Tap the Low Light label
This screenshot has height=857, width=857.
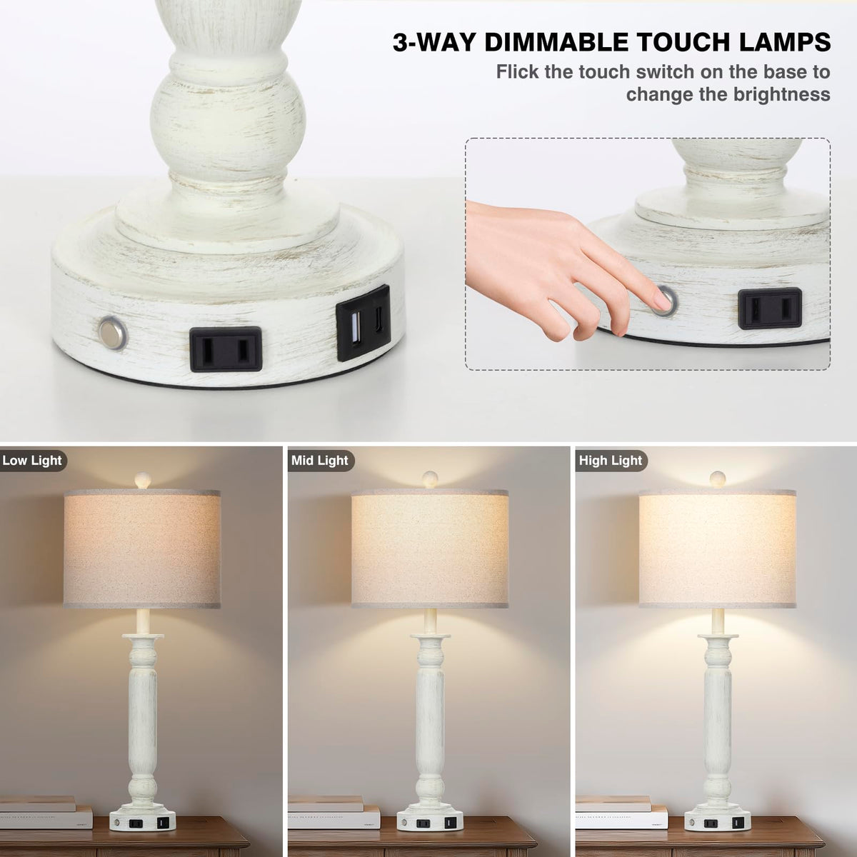coord(32,461)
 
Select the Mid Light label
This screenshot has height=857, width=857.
coord(320,461)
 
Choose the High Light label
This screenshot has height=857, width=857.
coord(611,461)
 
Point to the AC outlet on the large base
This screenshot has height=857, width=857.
coord(226,349)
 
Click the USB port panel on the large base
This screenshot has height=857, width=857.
coord(363,322)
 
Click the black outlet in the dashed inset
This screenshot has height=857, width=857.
coord(770,309)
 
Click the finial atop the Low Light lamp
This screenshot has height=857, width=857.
coord(143,481)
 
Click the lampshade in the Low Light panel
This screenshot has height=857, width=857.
coord(142,548)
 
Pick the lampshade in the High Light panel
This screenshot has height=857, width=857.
coord(717,548)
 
